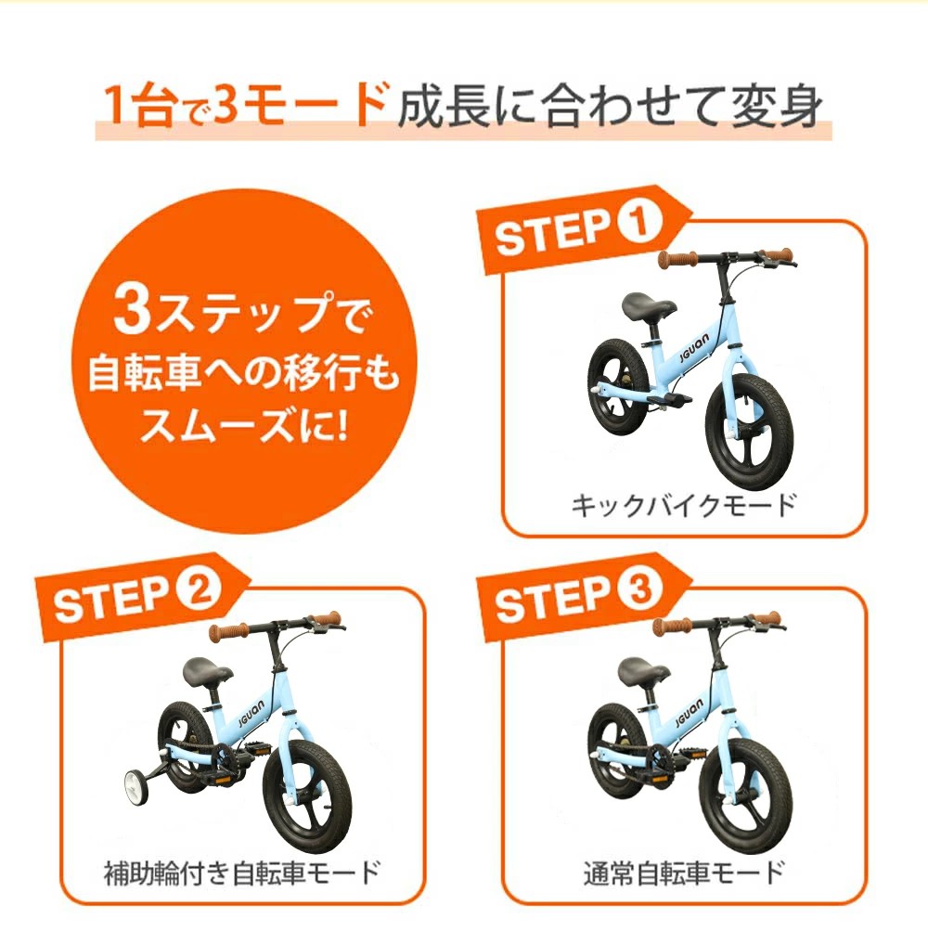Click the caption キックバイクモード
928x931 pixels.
(683, 506)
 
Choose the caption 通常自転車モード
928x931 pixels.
(684, 873)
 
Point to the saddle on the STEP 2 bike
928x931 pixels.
(202, 669)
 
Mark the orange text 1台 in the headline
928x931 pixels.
(138, 105)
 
